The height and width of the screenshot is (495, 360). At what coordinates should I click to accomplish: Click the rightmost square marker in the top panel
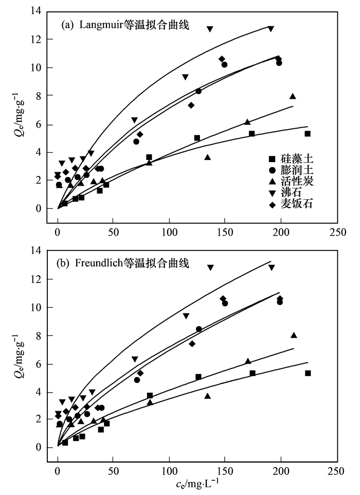click(308, 134)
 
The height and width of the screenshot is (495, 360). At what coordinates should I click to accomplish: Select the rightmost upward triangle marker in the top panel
click(293, 96)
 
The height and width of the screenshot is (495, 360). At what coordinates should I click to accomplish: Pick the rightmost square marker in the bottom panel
click(308, 373)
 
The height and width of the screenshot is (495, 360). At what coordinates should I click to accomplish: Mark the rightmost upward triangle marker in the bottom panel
click(294, 335)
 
